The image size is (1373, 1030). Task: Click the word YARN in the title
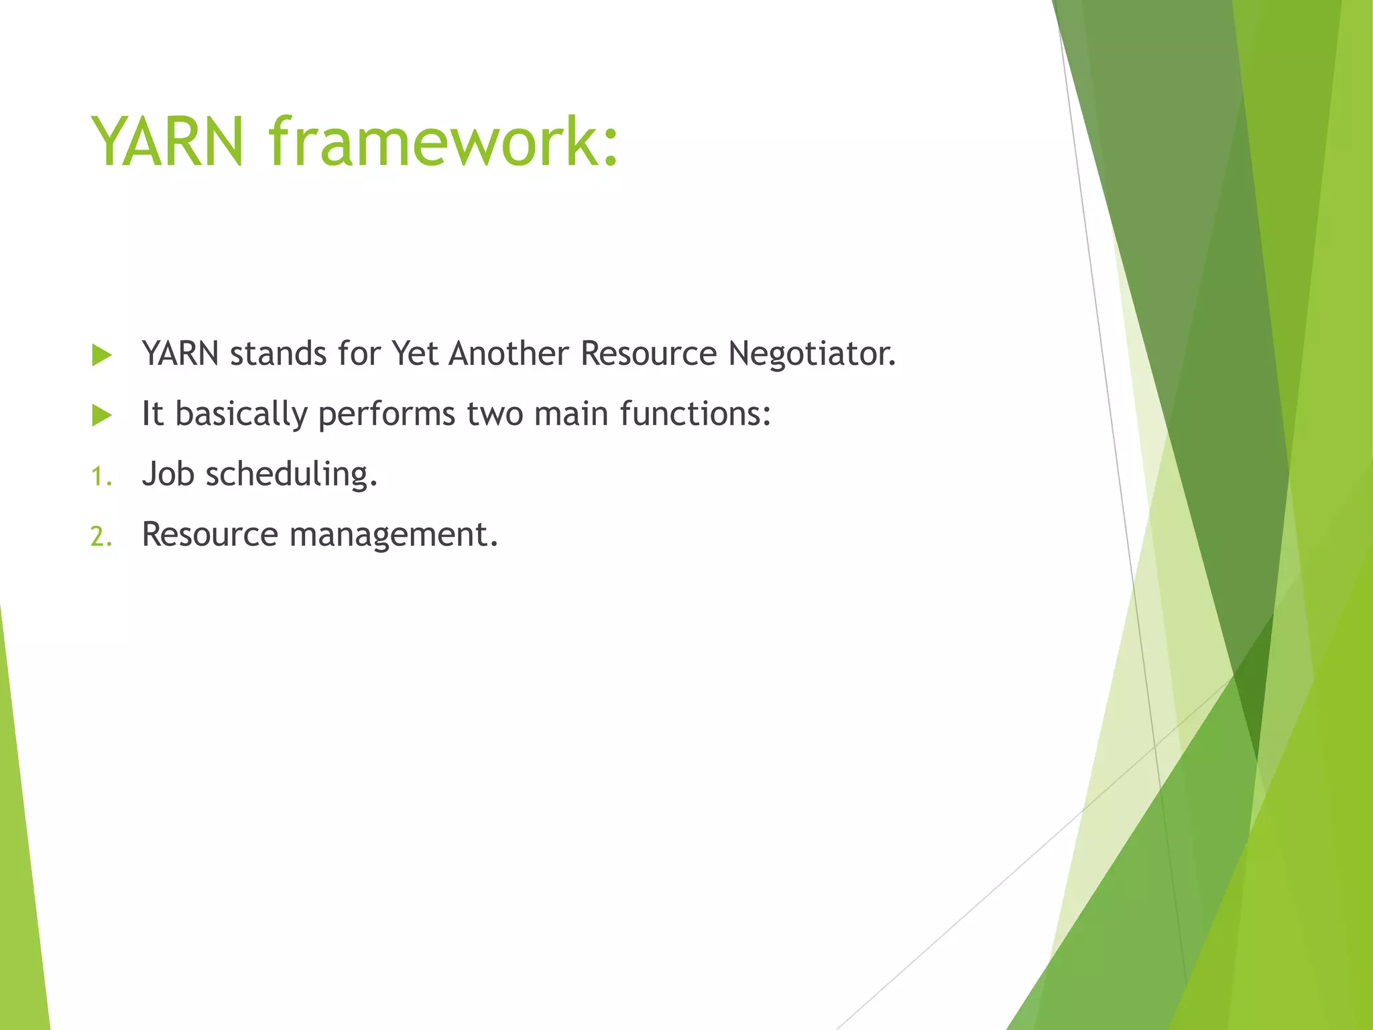[x=168, y=142]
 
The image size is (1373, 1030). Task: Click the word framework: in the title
[x=443, y=142]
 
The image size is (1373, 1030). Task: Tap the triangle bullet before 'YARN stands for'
[x=102, y=355]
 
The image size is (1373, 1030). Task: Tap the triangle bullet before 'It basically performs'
[x=102, y=416]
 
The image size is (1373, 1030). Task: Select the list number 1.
[x=100, y=477]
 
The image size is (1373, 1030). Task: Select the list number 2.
[x=101, y=537]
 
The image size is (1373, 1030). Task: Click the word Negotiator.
[x=812, y=354]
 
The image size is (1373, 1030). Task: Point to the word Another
[x=508, y=354]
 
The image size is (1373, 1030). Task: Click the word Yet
[x=414, y=354]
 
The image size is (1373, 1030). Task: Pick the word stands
[x=278, y=354]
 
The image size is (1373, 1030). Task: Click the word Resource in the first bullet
[x=648, y=354]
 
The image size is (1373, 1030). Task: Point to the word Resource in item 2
[x=210, y=535]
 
